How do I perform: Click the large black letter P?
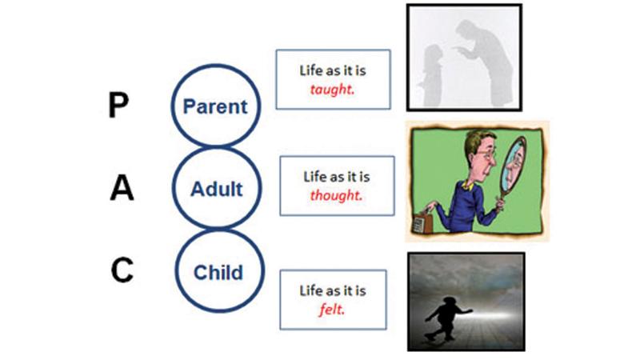(x=118, y=105)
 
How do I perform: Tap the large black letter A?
(x=122, y=187)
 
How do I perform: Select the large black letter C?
(x=122, y=270)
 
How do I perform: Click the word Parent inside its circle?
(x=215, y=106)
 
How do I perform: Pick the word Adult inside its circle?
(x=216, y=189)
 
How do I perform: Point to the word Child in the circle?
(x=218, y=272)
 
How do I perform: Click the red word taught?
(x=332, y=89)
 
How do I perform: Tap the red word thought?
(x=336, y=195)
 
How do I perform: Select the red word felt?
(x=332, y=309)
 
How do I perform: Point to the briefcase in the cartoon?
(x=423, y=221)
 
